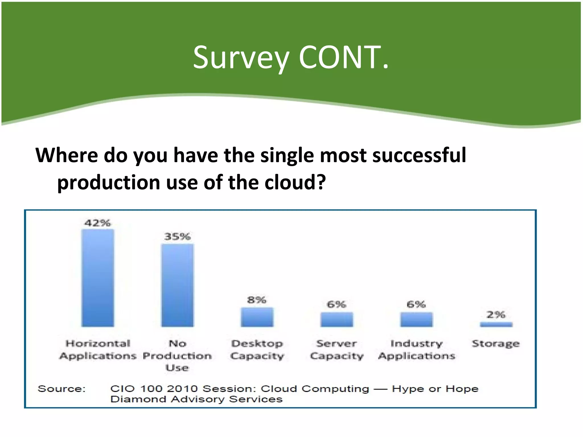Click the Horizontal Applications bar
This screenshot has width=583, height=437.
tap(98, 278)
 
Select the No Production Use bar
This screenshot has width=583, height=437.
tap(177, 285)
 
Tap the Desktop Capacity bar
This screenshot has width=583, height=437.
tap(257, 317)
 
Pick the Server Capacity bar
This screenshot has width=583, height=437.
tap(336, 319)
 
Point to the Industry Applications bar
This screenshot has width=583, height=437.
tap(416, 319)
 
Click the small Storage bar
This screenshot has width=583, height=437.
tap(496, 324)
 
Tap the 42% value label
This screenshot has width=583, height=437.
tap(97, 223)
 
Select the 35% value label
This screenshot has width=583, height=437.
tap(177, 236)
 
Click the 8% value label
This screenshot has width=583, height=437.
tap(257, 300)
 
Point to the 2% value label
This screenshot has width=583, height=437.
tap(496, 315)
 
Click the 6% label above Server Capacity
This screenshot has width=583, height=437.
tap(336, 304)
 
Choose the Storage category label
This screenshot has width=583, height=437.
tap(496, 344)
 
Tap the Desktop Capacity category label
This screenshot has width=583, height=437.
tap(257, 350)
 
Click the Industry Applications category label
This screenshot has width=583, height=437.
tap(416, 350)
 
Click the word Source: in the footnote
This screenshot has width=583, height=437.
tap(61, 389)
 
